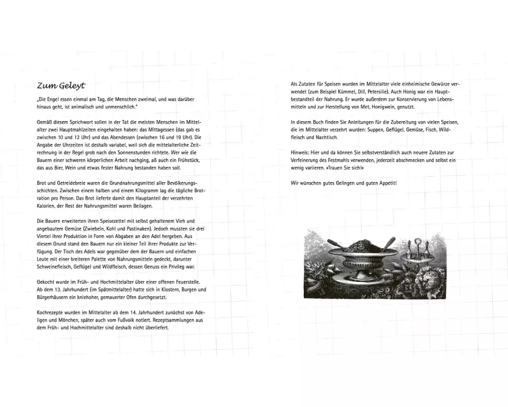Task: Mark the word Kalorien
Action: coord(48,205)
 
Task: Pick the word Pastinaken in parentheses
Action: coord(140,228)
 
